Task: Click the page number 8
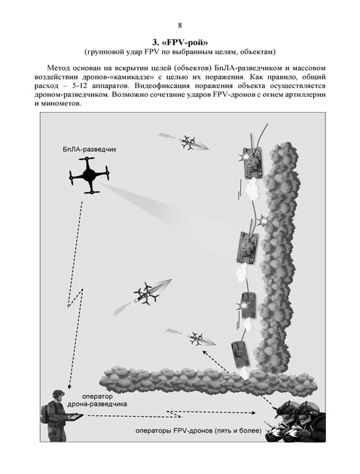click(x=180, y=26)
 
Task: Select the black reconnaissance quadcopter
click(x=89, y=175)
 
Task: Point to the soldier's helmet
click(x=58, y=393)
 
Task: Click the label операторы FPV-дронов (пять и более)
click(x=199, y=430)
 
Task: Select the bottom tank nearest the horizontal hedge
click(x=240, y=354)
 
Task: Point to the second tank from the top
click(x=248, y=248)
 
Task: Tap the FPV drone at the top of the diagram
click(x=191, y=143)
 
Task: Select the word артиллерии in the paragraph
click(x=308, y=95)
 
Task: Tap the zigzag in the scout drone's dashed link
click(x=75, y=299)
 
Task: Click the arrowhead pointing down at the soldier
click(x=69, y=386)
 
